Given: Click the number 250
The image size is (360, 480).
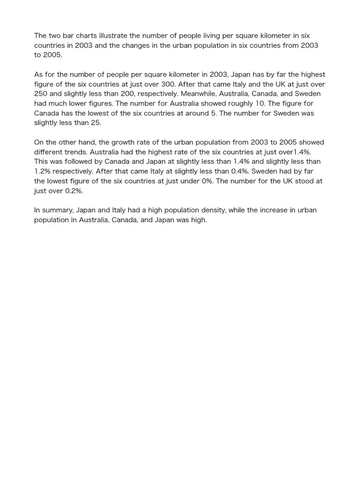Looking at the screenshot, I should point(41,94).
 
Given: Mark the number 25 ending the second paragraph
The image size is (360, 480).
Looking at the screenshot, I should point(96,123).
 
